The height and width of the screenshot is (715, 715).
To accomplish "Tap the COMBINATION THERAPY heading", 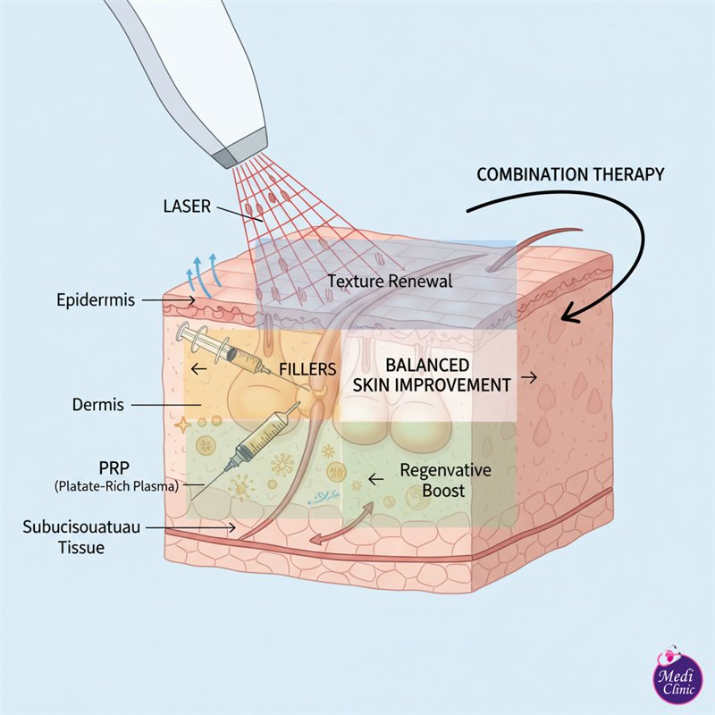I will pyautogui.click(x=570, y=174).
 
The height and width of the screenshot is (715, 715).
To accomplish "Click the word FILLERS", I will pyautogui.click(x=307, y=368).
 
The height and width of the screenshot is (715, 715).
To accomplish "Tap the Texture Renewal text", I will pyautogui.click(x=391, y=281).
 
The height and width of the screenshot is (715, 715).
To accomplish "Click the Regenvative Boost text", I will pyautogui.click(x=433, y=480).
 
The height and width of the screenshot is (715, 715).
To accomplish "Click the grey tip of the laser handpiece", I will pyautogui.click(x=240, y=146).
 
